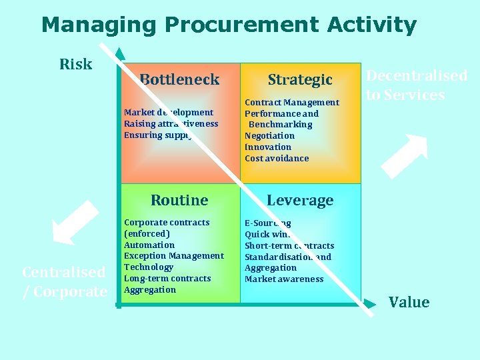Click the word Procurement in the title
pos(242,25)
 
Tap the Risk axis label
pos(75,64)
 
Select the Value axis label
pos(409,302)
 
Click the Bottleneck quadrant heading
pos(179,79)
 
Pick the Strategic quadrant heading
pos(300,79)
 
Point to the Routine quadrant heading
pos(179,200)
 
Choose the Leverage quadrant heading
pos(300,200)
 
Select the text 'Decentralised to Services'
pos(417,85)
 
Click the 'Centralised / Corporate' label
pos(64,281)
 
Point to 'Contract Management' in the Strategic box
pos(292,102)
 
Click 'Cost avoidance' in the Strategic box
pos(277,158)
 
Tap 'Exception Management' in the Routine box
pos(174,255)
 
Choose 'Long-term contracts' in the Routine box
pos(167,278)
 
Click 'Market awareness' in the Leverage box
pos(284,279)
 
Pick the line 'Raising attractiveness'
pos(171,123)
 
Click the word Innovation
pos(268,147)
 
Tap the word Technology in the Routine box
pos(149,267)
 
